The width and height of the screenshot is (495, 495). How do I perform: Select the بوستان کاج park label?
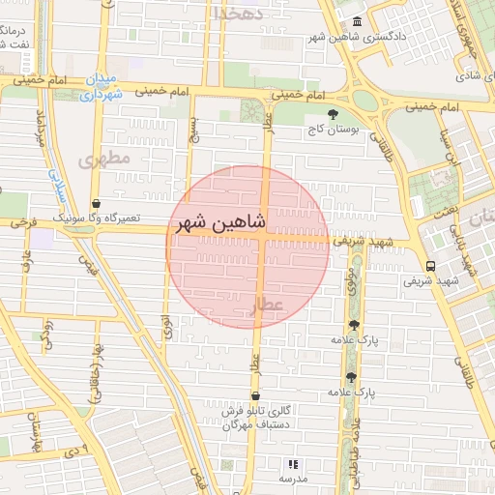pos(335,129)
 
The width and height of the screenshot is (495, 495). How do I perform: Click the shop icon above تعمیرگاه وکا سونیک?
pos(96,204)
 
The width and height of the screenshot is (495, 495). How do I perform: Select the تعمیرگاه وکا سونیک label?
pos(98,218)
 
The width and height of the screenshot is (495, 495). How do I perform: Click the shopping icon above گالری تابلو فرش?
pos(255,395)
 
